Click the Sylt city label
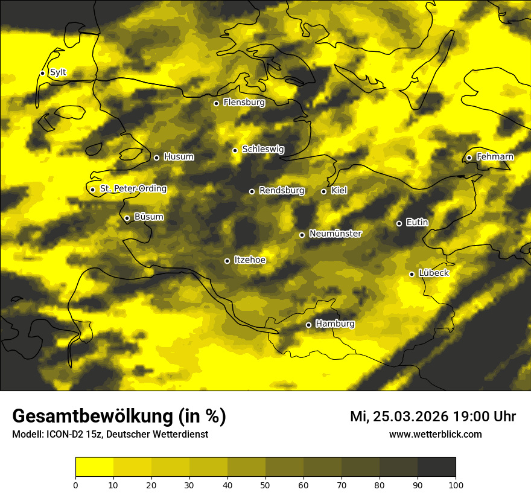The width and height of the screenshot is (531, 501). (x=58, y=72)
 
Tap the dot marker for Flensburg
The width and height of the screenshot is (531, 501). (x=216, y=103)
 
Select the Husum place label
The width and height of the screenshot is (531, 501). (x=179, y=157)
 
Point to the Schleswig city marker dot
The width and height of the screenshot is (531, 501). (x=235, y=150)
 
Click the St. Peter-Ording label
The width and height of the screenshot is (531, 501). (x=133, y=189)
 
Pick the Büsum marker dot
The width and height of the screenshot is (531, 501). (x=127, y=219)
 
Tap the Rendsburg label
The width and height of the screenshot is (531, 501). (x=282, y=191)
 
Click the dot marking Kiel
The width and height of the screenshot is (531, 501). (x=323, y=191)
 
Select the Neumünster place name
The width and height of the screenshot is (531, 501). (x=335, y=234)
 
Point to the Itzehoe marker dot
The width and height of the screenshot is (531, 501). (x=227, y=261)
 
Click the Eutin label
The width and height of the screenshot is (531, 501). (x=417, y=223)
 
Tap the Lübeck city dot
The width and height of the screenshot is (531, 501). (x=412, y=274)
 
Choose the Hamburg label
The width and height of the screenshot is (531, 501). (x=335, y=324)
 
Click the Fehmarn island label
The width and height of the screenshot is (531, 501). (x=495, y=157)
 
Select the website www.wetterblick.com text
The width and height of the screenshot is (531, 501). (x=435, y=434)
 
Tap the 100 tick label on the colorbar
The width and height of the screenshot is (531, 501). (x=456, y=484)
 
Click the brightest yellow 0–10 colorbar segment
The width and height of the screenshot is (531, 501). (x=94, y=467)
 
